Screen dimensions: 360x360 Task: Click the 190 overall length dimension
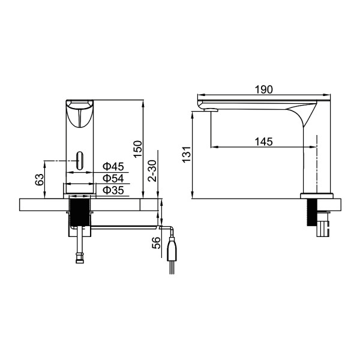[x=263, y=89]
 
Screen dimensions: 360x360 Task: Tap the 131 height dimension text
[x=187, y=154]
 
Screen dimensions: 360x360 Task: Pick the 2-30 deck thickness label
[x=154, y=172]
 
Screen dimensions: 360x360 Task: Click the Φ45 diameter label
[x=112, y=166]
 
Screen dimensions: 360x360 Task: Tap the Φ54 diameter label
[x=112, y=178]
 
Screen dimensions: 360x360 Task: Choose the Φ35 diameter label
[x=112, y=190]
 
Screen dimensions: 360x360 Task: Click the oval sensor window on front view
[x=79, y=160]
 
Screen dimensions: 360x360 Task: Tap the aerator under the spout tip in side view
[x=209, y=109]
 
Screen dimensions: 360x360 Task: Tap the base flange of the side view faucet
[x=316, y=195]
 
